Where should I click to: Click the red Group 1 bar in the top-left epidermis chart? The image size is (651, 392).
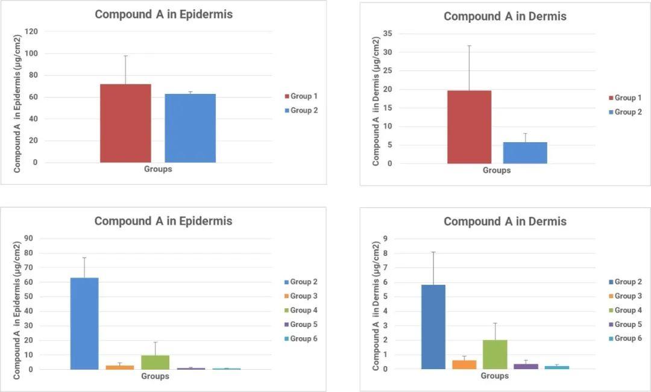125,123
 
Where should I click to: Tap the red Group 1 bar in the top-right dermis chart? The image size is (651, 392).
469,126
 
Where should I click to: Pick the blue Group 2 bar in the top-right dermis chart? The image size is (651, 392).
525,153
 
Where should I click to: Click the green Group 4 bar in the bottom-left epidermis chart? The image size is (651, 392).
155,362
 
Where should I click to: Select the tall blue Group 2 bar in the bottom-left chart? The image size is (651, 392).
84,323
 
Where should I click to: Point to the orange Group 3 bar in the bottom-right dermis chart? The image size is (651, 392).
464,364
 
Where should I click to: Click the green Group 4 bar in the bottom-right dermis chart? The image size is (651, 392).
495,354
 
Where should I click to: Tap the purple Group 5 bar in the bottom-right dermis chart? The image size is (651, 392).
526,366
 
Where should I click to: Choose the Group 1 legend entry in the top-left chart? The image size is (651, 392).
303,96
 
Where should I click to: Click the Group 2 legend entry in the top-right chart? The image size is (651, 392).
627,112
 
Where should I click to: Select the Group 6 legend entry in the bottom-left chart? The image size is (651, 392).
303,339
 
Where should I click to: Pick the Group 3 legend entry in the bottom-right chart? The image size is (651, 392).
627,296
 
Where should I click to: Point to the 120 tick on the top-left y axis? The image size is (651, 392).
31,31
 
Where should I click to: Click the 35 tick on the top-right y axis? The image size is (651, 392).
388,34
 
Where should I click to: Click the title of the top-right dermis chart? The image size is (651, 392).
505,16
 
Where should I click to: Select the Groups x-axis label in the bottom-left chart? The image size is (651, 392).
155,376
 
